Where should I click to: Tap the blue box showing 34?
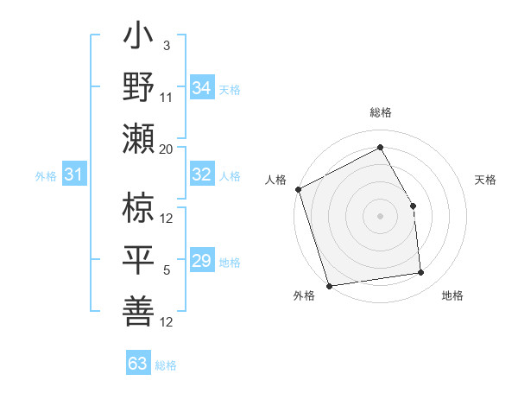click(202, 87)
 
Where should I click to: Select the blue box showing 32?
click(202, 174)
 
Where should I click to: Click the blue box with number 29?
click(202, 261)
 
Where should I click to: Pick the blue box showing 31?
click(74, 174)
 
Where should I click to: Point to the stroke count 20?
click(167, 149)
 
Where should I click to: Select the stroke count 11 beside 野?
click(167, 97)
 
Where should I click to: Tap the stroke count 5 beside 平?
click(167, 270)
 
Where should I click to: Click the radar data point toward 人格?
click(298, 189)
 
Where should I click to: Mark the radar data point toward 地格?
click(421, 273)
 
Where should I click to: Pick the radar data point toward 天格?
click(413, 206)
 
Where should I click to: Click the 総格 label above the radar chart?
click(381, 112)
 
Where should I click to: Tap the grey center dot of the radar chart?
click(380, 216)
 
